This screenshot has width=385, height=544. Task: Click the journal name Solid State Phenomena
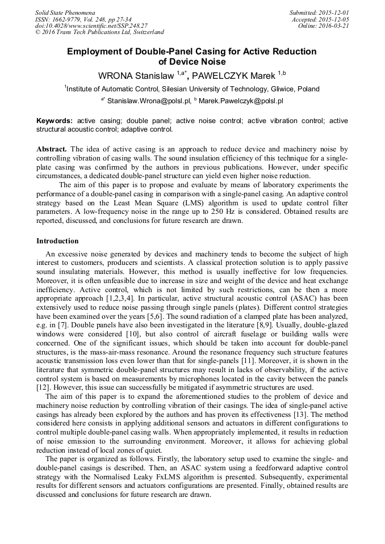click(x=65, y=12)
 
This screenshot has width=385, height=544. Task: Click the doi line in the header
click(x=91, y=26)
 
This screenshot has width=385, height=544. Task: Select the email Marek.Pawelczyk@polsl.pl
click(x=241, y=102)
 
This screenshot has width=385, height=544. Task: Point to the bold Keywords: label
click(x=55, y=121)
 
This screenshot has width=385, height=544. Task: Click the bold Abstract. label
click(x=52, y=149)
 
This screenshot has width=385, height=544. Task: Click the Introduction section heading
click(x=58, y=241)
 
